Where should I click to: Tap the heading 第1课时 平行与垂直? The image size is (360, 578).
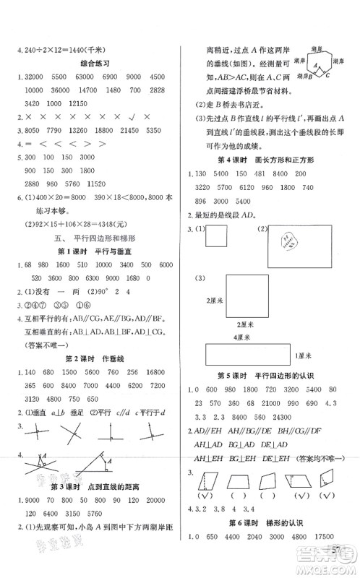(93, 251)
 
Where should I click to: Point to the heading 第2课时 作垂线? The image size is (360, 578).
(93, 358)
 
